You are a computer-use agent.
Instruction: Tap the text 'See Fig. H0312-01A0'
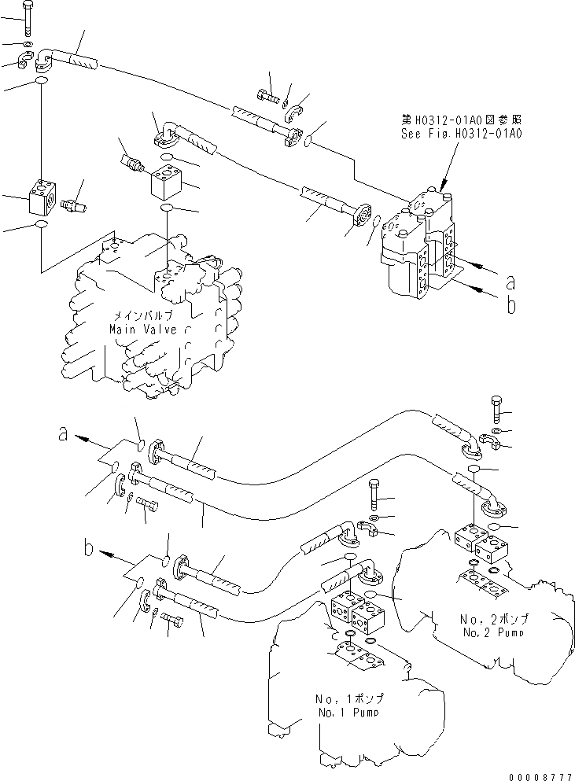pos(461,133)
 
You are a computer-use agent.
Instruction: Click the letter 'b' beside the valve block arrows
pos(510,305)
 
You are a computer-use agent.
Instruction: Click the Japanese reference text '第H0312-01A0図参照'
pos(461,120)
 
